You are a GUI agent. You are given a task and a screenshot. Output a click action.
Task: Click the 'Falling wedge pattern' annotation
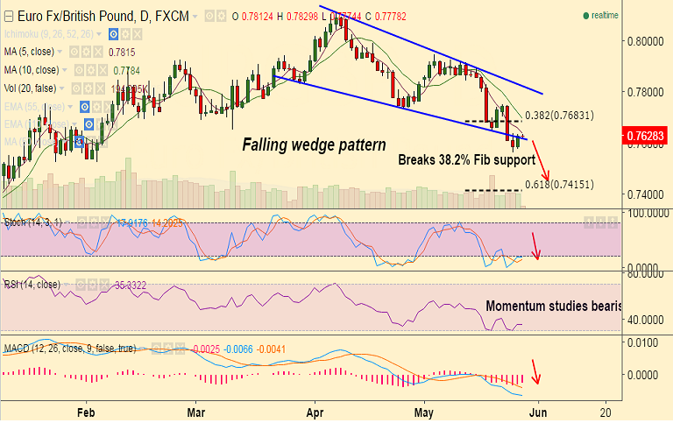pos(314,145)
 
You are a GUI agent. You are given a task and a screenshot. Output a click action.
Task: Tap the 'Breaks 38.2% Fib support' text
pos(466,160)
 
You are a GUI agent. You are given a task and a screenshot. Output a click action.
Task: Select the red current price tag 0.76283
pos(647,136)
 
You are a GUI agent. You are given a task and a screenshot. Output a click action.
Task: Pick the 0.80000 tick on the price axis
pos(647,41)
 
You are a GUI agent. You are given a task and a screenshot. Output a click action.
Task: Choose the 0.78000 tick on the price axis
pos(647,92)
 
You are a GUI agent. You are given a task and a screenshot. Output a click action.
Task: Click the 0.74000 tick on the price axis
pos(647,194)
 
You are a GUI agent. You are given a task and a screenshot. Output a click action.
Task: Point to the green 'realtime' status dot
pos(585,16)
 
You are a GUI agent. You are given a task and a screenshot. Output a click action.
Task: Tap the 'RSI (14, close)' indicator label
pos(31,285)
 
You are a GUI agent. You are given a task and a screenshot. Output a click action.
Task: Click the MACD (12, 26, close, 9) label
pos(70,349)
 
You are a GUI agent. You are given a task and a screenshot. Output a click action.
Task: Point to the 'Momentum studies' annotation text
pos(552,306)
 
